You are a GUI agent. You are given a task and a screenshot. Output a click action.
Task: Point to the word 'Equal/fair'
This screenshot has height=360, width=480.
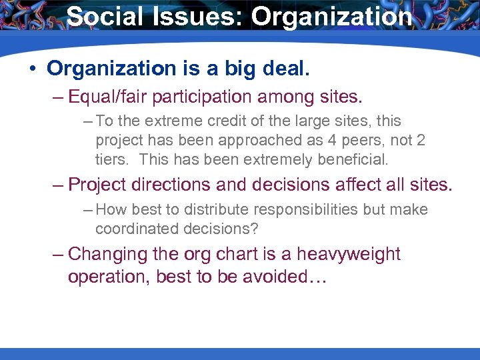(x=108, y=97)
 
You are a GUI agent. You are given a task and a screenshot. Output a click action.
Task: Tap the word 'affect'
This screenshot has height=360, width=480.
(x=357, y=184)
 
